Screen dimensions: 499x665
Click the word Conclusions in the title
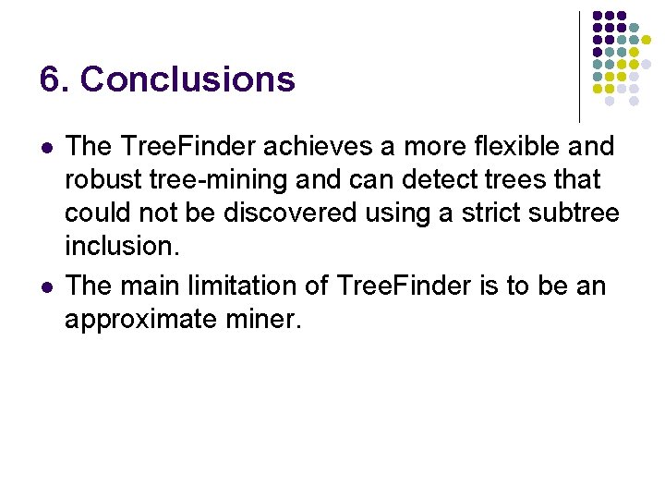(188, 79)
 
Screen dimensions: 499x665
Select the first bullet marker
(46, 147)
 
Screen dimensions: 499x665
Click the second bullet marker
(46, 287)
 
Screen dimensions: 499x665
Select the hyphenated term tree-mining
(227, 179)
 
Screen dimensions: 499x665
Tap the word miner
(269, 320)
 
